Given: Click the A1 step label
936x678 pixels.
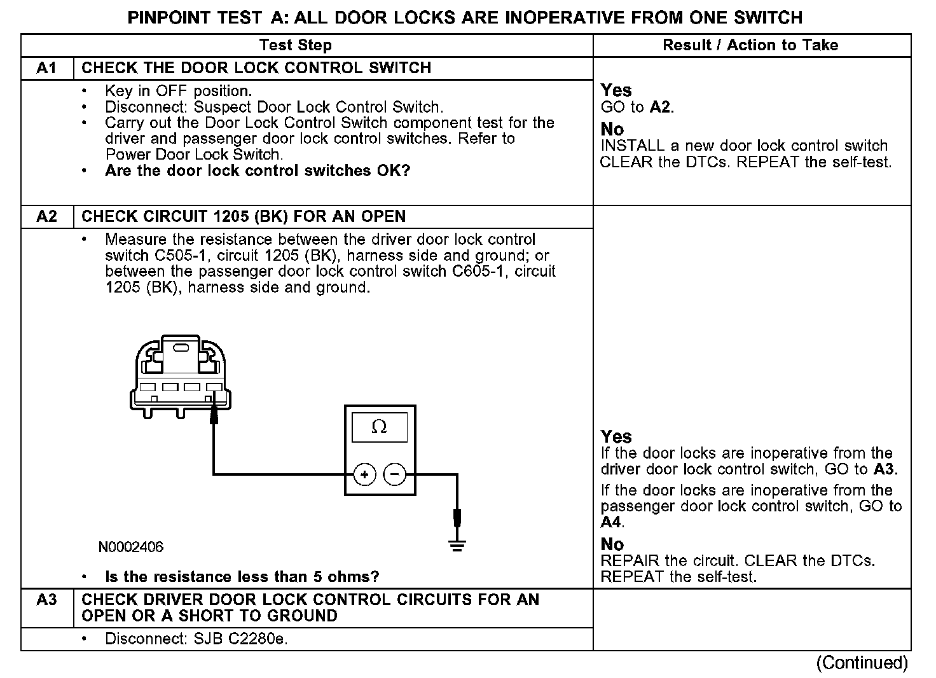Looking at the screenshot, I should (46, 68).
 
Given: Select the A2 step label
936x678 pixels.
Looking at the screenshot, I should (46, 217).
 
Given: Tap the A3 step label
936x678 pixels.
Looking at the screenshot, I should (46, 600).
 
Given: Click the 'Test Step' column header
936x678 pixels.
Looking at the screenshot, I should (296, 45).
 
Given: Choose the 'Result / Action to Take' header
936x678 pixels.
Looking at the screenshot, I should (750, 45).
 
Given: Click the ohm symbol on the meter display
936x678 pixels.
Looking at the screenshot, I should (379, 427).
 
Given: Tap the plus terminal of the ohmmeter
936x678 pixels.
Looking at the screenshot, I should (364, 474).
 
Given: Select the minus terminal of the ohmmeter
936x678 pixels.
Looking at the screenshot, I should (395, 474).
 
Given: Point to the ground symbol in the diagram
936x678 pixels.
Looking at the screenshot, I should (457, 544).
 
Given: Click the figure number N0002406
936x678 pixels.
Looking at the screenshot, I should (131, 547).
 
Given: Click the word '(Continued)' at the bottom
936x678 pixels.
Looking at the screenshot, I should (862, 663).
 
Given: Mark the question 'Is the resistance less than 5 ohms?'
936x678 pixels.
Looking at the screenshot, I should (242, 577).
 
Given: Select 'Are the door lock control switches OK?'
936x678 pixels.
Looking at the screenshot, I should (258, 171).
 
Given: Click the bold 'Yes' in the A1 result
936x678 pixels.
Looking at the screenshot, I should (616, 90).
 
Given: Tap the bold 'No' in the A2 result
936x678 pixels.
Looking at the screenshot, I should (612, 544).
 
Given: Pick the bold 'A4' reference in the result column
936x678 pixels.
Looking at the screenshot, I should (611, 523).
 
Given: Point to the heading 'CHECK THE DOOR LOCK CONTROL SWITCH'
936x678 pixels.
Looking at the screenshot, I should (256, 68).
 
